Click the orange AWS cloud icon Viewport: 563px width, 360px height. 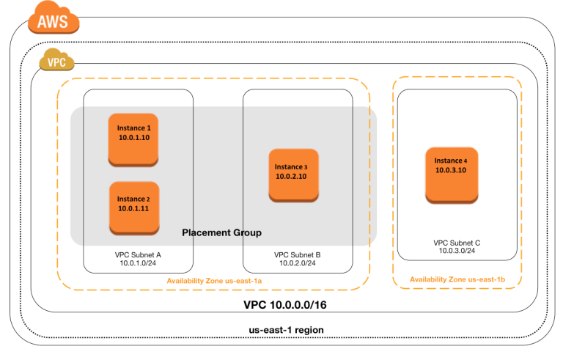pyautogui.click(x=54, y=18)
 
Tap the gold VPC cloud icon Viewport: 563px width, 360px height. pyautogui.click(x=56, y=59)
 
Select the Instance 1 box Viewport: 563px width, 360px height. pyautogui.click(x=133, y=140)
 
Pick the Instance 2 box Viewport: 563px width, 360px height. pyautogui.click(x=134, y=208)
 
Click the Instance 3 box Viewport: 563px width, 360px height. pyautogui.click(x=294, y=175)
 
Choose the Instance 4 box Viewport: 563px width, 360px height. pyautogui.click(x=452, y=175)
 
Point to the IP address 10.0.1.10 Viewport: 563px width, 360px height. pyautogui.click(x=134, y=138)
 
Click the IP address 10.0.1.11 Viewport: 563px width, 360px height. pyautogui.click(x=133, y=209)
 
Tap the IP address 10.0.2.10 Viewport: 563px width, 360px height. pyautogui.click(x=291, y=177)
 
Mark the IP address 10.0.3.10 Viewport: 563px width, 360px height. pyautogui.click(x=451, y=170)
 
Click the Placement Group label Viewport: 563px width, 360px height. pyautogui.click(x=222, y=233)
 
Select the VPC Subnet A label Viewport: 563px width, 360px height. pyautogui.click(x=138, y=254)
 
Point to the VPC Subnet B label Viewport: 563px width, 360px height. pyautogui.click(x=298, y=254)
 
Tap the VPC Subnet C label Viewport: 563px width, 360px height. pyautogui.click(x=457, y=243)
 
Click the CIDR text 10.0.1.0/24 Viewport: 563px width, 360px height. pyautogui.click(x=138, y=263)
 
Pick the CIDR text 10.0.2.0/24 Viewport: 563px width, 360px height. pyautogui.click(x=298, y=263)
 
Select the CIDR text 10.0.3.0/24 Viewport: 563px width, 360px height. pyautogui.click(x=457, y=251)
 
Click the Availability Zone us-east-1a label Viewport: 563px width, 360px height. pyautogui.click(x=214, y=281)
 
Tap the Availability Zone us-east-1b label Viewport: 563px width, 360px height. pyautogui.click(x=457, y=279)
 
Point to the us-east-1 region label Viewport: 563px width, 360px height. pyautogui.click(x=286, y=330)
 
